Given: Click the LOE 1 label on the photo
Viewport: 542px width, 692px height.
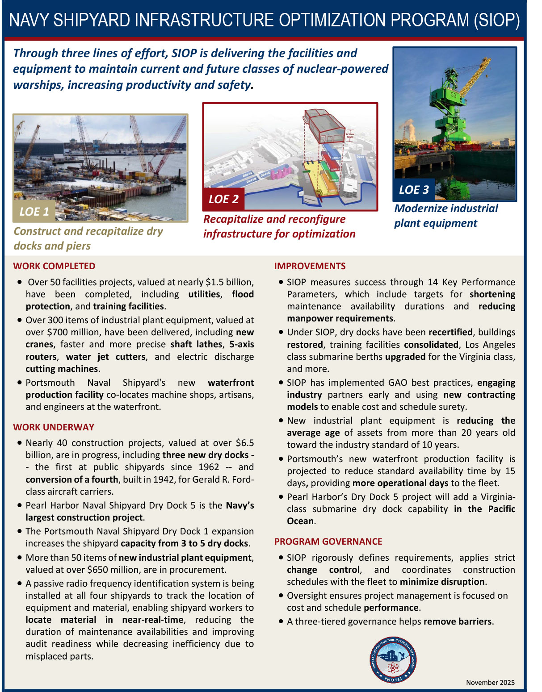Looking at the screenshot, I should [x=34, y=212].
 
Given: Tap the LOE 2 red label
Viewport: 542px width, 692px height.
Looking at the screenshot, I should [x=223, y=199].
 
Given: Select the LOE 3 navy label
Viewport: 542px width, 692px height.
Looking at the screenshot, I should [x=414, y=190].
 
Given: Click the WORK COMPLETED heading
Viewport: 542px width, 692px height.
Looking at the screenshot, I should [x=54, y=266].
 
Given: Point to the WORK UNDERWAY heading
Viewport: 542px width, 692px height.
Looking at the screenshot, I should [x=54, y=427].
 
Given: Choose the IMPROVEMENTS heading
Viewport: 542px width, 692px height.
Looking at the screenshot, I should [x=310, y=266].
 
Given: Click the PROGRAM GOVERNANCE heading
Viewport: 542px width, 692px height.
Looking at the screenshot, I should [x=328, y=542].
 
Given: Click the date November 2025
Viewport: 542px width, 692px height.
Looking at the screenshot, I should [x=490, y=682].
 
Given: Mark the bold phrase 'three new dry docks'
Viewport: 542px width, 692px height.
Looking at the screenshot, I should [x=205, y=455].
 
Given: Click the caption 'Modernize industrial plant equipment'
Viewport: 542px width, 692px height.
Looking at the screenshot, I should [x=445, y=216].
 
